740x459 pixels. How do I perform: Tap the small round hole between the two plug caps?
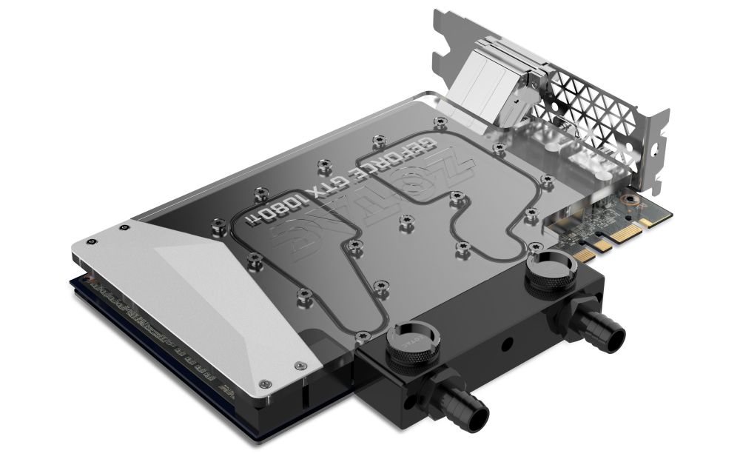click(x=505, y=345)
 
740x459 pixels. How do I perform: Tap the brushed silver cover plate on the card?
click(x=222, y=296)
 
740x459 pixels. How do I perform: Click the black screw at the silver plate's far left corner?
click(x=90, y=241)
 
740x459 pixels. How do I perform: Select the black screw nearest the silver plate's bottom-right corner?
click(x=299, y=364)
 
